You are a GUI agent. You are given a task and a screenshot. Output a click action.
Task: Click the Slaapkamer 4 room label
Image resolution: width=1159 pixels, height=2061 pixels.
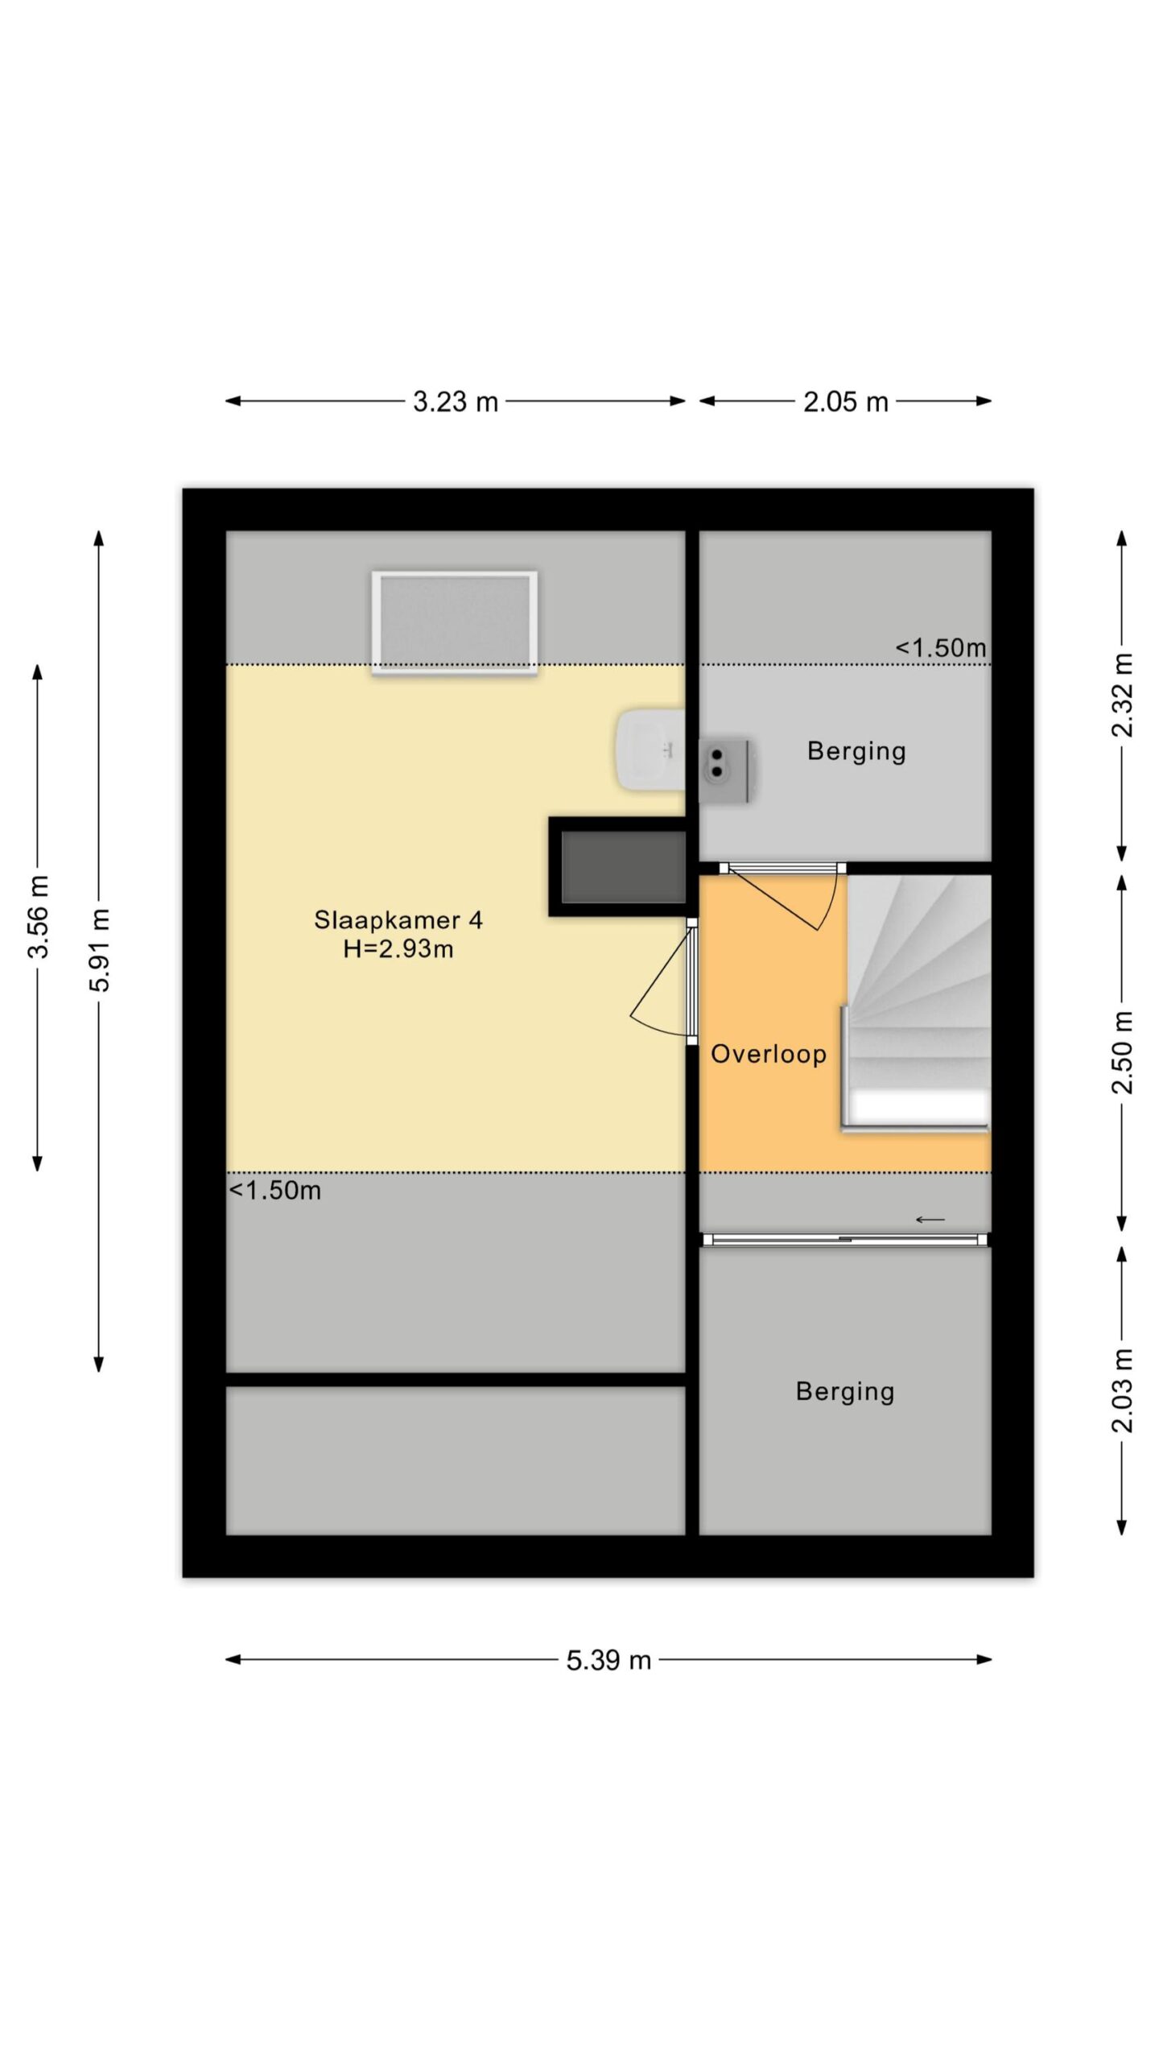coord(398,920)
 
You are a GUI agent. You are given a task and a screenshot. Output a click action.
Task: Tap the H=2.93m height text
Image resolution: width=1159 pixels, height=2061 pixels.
coord(398,949)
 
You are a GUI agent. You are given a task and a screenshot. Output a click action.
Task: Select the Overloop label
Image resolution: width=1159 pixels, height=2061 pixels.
coord(769,1054)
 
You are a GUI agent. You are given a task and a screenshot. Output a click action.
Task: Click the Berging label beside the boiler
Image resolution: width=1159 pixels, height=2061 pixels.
coord(856,751)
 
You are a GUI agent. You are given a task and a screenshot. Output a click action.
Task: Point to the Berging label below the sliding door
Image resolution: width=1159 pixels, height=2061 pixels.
coord(845,1392)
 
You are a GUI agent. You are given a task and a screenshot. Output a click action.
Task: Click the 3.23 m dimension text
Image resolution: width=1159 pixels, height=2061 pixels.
coord(456,401)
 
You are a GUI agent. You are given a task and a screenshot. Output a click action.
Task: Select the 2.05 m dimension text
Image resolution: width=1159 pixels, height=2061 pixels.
coord(845,401)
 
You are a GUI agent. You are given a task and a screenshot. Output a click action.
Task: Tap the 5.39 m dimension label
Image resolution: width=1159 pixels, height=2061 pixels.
coord(608,1660)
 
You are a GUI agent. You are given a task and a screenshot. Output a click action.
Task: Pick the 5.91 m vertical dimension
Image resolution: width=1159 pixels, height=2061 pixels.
coord(99,950)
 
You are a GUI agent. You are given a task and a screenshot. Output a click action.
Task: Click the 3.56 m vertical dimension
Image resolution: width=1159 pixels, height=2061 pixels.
coord(38,916)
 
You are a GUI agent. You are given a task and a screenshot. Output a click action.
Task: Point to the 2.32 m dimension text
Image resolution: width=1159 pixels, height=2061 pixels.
coord(1122,696)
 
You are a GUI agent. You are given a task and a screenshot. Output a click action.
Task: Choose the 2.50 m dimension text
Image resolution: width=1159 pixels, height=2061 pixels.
coord(1122,1052)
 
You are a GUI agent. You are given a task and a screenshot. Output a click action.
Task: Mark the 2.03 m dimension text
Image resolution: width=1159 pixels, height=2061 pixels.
coord(1122,1390)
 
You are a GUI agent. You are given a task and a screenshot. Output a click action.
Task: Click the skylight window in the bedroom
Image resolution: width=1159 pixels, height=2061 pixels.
coord(455,622)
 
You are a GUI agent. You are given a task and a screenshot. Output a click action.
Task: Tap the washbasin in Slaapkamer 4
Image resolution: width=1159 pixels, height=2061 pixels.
coord(650,750)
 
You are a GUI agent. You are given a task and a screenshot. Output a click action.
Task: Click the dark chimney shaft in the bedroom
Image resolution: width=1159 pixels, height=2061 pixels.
coord(618,867)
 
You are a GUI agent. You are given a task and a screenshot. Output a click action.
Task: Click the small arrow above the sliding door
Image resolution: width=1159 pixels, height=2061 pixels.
coord(930,1220)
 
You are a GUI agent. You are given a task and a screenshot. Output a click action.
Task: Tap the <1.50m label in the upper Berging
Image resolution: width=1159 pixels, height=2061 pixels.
coord(941,647)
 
